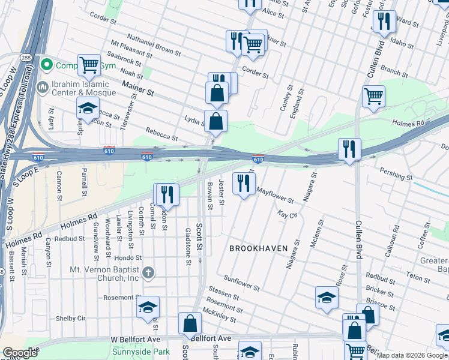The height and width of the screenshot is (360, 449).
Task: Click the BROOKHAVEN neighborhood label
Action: click(x=258, y=248)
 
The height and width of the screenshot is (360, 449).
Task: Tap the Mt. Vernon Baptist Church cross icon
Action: click(x=149, y=273)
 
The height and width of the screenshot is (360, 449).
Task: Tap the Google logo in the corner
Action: click(x=20, y=353)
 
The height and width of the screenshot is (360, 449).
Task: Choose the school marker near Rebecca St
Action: click(x=88, y=109)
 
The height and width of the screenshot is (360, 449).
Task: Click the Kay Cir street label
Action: click(x=288, y=214)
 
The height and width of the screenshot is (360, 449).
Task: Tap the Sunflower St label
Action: click(x=241, y=283)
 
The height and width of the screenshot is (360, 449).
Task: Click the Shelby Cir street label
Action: click(x=71, y=318)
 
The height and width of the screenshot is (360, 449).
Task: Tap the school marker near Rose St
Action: click(x=327, y=298)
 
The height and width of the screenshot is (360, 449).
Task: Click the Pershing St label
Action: click(x=396, y=173)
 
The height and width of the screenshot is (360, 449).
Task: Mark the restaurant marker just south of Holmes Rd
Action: click(x=166, y=194)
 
